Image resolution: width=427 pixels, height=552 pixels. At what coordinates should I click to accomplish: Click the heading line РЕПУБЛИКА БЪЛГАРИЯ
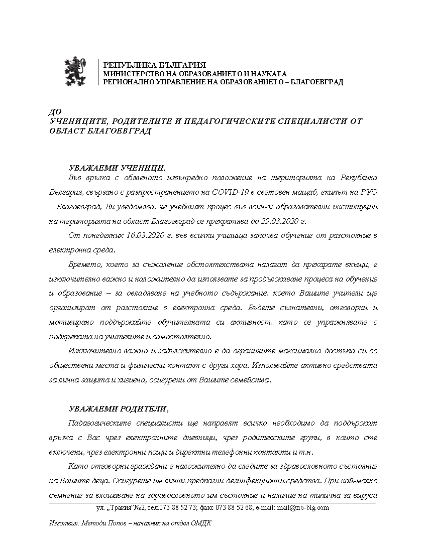[154, 65]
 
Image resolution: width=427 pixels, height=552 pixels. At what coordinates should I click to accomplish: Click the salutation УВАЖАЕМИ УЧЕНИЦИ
[116, 168]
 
